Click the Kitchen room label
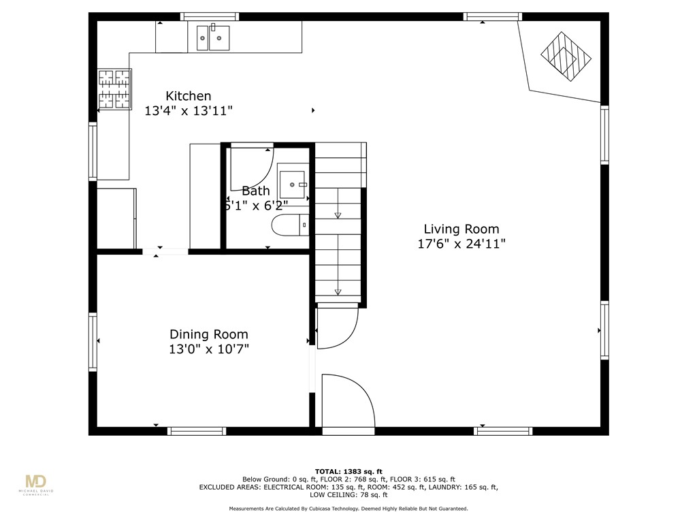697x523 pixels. tap(188, 96)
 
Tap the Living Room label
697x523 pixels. tap(461, 229)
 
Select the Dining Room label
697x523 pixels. tap(209, 334)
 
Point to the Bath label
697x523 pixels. tap(256, 191)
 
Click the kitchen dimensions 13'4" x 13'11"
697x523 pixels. tap(189, 111)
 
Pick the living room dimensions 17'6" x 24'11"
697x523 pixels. tap(461, 244)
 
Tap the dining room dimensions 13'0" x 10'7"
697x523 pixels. tap(209, 349)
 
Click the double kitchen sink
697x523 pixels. tap(213, 38)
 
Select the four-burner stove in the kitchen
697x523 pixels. tap(114, 89)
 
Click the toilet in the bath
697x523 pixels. tap(290, 225)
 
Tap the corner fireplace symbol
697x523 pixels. tap(566, 57)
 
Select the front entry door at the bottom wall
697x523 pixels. tap(348, 400)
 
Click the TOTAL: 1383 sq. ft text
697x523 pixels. tap(348, 471)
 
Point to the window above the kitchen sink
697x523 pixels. tap(210, 17)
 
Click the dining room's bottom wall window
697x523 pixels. tap(197, 431)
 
